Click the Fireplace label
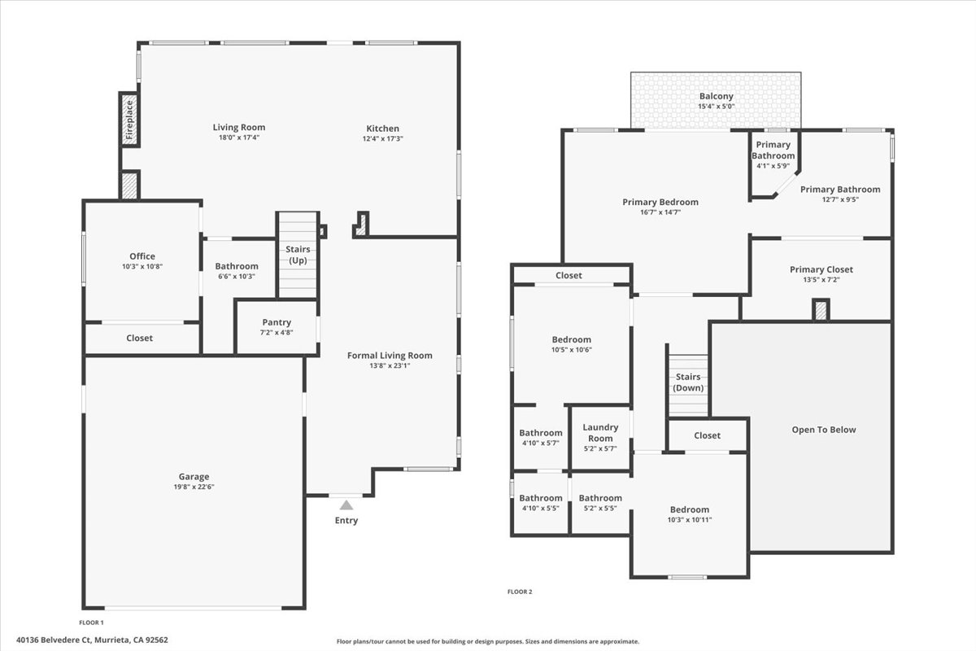[129, 120]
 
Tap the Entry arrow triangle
[346, 505]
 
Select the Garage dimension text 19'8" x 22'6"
[194, 487]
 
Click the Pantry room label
[277, 322]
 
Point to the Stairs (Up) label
[298, 255]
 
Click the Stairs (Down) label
[688, 382]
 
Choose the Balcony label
[716, 96]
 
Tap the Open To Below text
[823, 430]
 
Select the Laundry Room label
[600, 433]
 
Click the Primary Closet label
[821, 269]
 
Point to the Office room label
[142, 256]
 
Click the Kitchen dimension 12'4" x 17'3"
[382, 138]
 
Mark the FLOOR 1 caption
[92, 622]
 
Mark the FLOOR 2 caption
[520, 592]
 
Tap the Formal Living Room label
[390, 355]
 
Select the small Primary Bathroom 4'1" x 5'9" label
[773, 150]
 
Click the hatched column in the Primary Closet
[821, 310]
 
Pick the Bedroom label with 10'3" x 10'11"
[689, 509]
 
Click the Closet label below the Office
[139, 338]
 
